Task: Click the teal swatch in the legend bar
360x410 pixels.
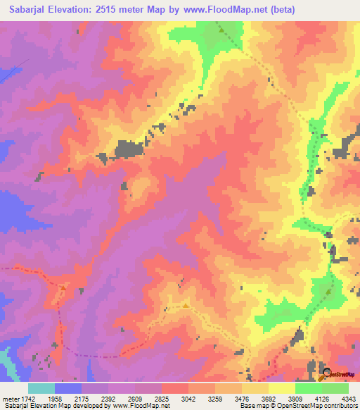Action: click(41, 388)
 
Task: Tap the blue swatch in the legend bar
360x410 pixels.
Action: click(68, 388)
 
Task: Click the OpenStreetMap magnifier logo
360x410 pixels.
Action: click(325, 373)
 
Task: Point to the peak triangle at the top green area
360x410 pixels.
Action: click(219, 30)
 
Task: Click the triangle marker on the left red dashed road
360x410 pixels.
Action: click(63, 286)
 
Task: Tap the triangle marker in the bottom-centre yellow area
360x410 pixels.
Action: click(186, 305)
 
